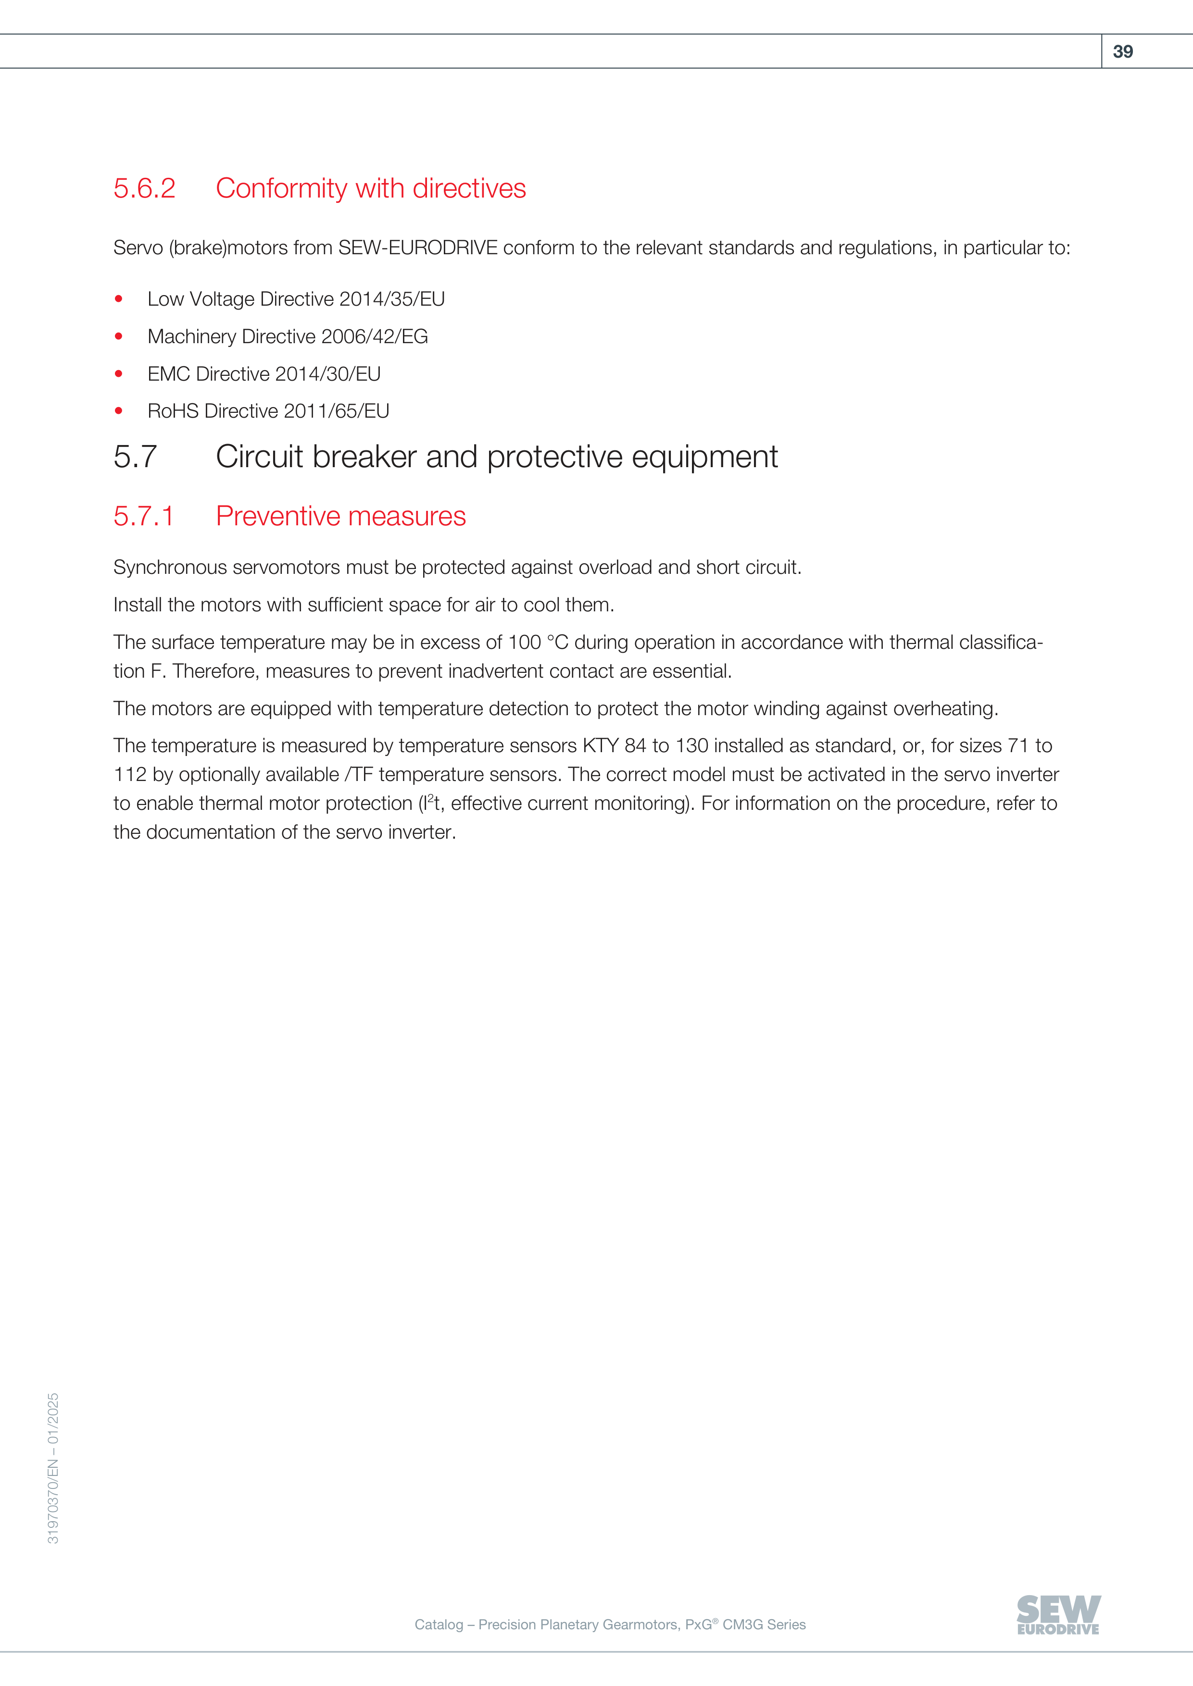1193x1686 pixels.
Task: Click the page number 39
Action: (1122, 51)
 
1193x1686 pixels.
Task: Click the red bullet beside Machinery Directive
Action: (119, 336)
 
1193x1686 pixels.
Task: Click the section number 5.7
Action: (135, 457)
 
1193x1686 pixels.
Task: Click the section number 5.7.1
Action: (143, 516)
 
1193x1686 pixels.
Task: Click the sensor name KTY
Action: (600, 746)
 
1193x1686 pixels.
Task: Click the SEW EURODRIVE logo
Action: (1058, 1615)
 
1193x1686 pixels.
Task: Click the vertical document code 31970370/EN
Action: (53, 1509)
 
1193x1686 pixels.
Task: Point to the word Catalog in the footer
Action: (439, 1624)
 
